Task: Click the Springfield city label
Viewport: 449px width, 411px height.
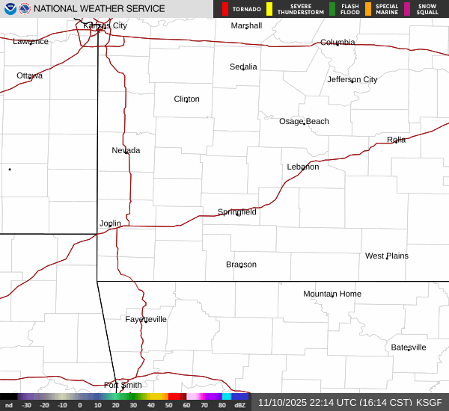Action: coord(236,211)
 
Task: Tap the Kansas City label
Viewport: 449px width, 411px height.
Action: coord(105,25)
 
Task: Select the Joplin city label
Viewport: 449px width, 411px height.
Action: coord(110,223)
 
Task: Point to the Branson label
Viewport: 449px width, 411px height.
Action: coord(241,264)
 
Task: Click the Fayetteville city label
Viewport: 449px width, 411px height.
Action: coord(146,319)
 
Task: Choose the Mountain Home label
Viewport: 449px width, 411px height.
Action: coord(332,294)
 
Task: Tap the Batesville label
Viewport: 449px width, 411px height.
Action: coord(409,347)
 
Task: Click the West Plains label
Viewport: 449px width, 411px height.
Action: coord(387,256)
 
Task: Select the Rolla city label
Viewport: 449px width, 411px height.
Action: coord(396,140)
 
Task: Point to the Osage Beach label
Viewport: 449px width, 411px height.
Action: coord(304,121)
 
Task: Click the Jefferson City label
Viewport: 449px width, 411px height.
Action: coord(352,79)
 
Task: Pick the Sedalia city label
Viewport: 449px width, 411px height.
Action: coord(243,67)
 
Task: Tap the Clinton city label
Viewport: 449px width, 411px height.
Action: coord(186,99)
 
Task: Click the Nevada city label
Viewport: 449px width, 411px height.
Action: coord(126,150)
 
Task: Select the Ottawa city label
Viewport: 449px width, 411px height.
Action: coord(29,75)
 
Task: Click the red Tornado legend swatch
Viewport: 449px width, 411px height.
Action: coord(225,9)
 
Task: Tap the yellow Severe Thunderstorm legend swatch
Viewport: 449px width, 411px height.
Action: coord(269,9)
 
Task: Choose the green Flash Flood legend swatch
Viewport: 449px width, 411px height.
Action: coord(332,9)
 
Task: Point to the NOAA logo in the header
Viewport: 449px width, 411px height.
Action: coord(25,9)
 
